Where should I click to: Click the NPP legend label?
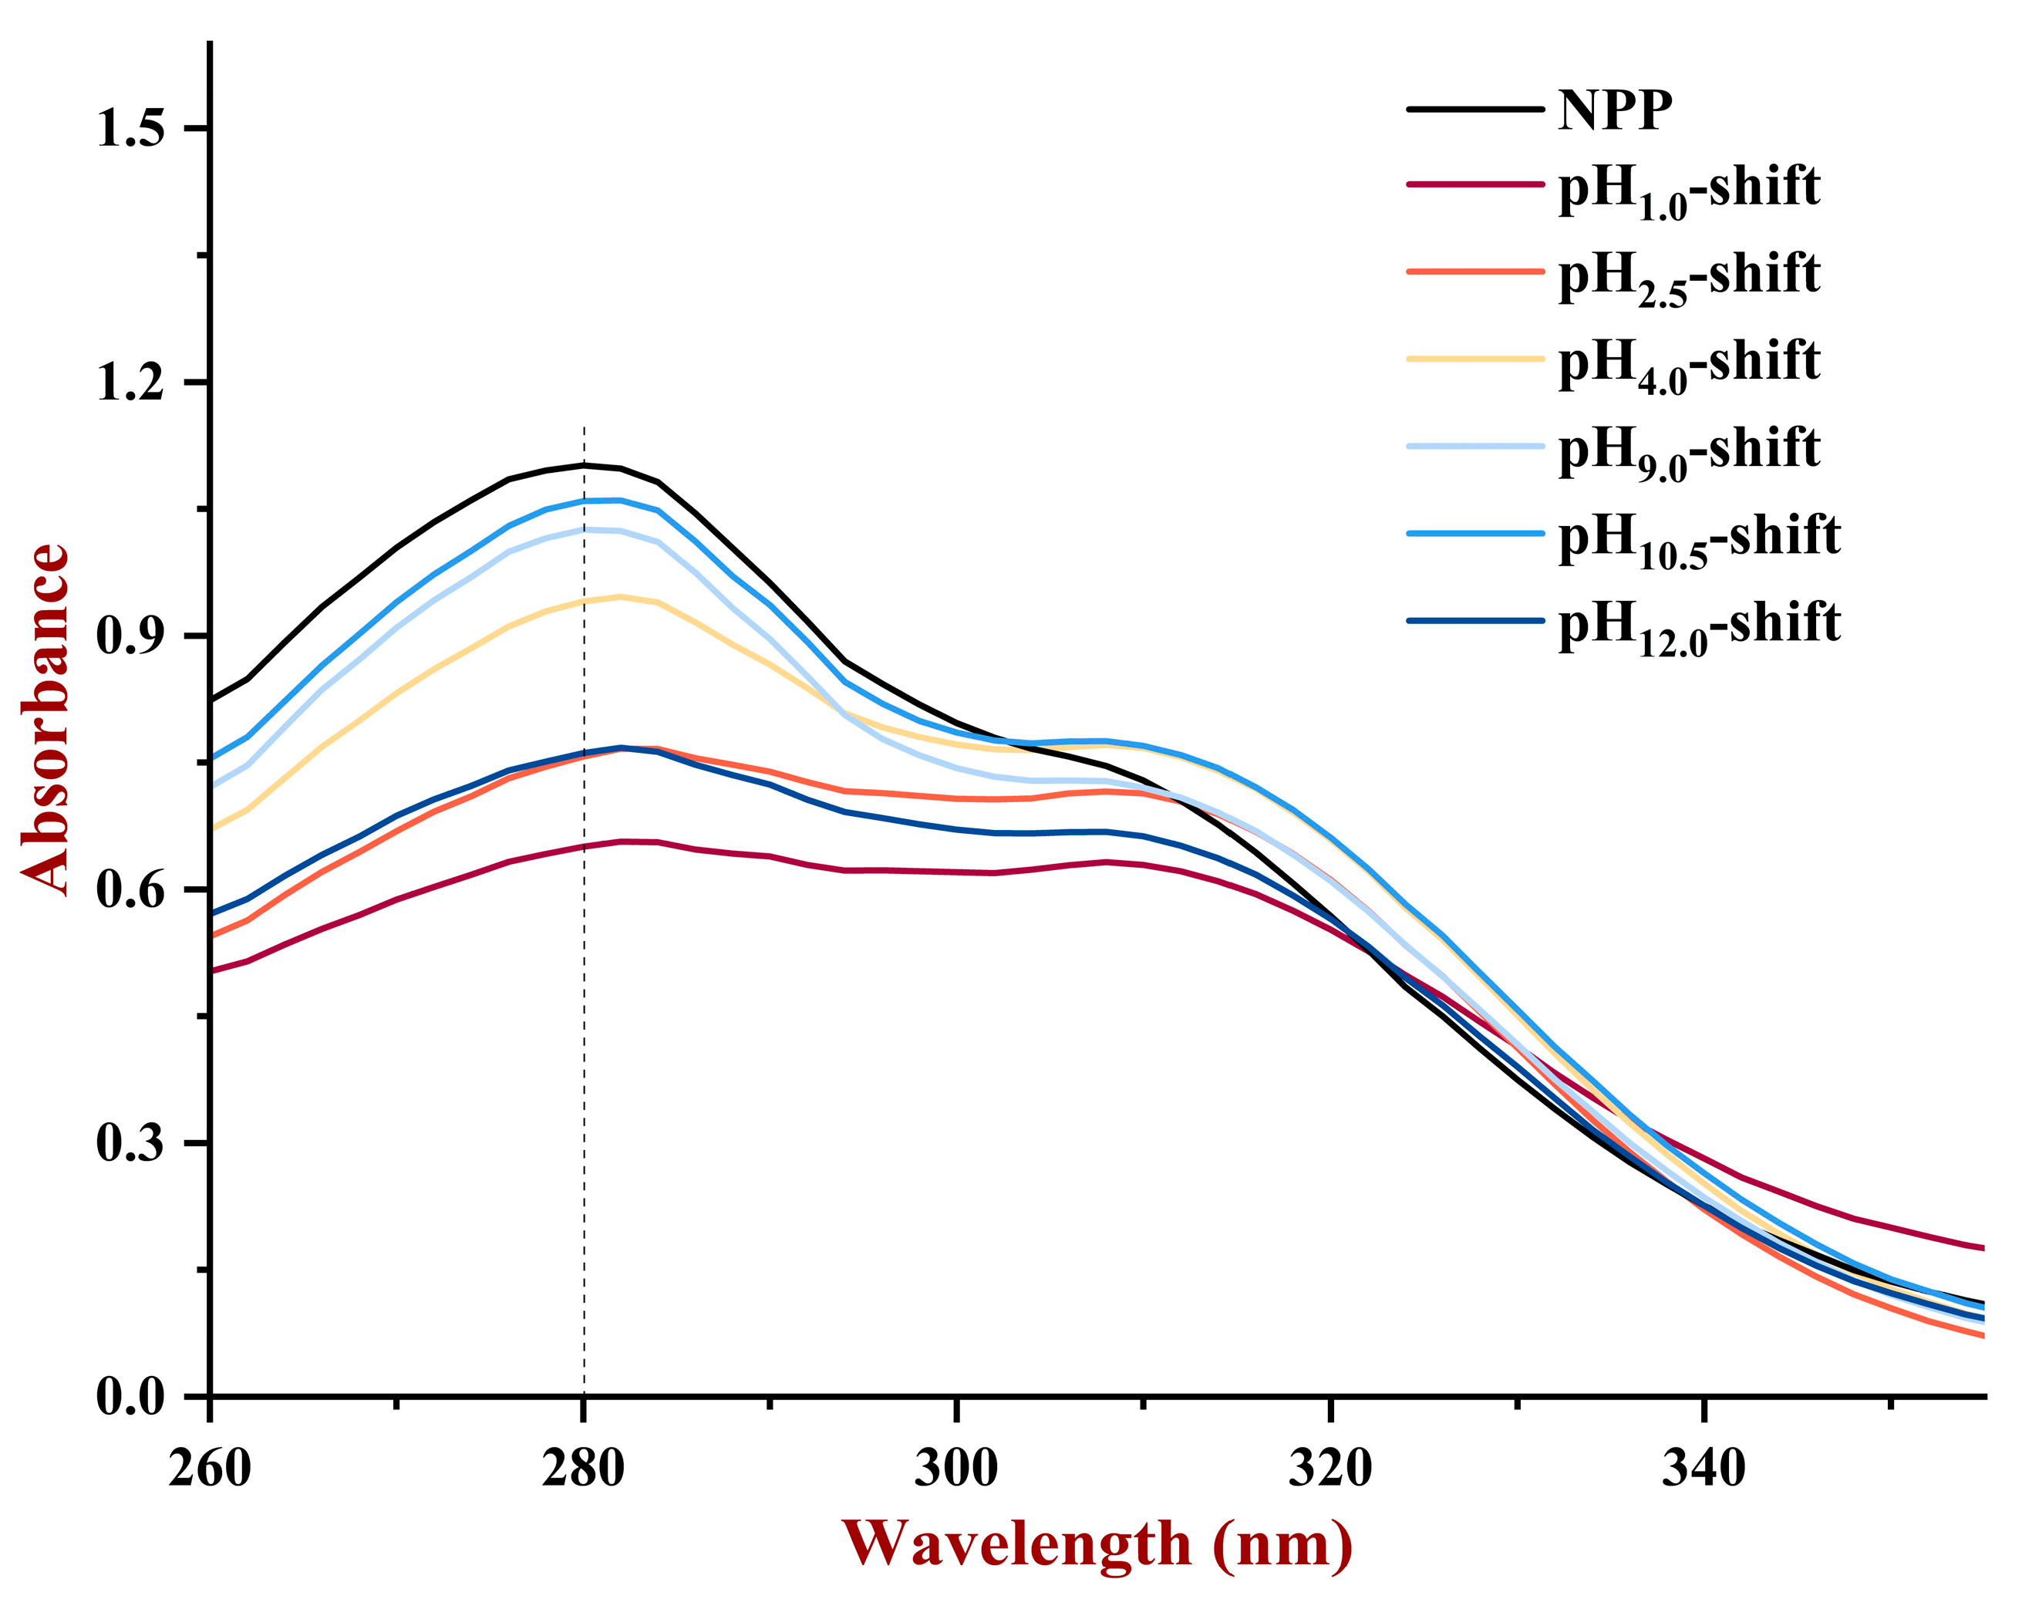click(x=1614, y=110)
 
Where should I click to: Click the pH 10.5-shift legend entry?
click(x=1698, y=538)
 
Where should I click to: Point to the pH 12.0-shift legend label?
click(x=1698, y=625)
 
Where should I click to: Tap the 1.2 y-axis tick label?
click(x=130, y=382)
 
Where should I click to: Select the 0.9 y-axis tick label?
click(x=130, y=636)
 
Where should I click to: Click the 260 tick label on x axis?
click(x=210, y=1467)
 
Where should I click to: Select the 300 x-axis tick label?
click(x=955, y=1467)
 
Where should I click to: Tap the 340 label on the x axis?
click(x=1703, y=1467)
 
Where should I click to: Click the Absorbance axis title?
click(x=45, y=719)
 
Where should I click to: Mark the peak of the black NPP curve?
click(x=584, y=464)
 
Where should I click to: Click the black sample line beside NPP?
click(x=1474, y=110)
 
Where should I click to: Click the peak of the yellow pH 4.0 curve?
click(x=620, y=596)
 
